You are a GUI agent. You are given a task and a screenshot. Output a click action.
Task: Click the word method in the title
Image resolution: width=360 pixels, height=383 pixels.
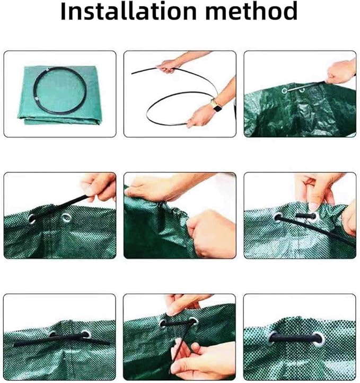[251, 11]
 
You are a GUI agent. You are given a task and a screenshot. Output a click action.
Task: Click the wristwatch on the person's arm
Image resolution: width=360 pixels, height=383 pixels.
[216, 106]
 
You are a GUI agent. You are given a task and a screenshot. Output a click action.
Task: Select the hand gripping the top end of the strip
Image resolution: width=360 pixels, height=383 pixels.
[169, 66]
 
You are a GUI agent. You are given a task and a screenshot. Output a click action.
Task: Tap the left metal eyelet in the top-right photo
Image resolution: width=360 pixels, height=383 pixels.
[284, 91]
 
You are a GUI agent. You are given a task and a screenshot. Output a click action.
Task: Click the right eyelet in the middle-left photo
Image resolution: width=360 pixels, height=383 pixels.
[66, 217]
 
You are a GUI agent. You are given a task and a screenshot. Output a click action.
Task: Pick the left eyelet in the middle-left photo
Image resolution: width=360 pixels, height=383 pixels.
[32, 219]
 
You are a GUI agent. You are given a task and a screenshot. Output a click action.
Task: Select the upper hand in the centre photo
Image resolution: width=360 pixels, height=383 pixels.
[156, 187]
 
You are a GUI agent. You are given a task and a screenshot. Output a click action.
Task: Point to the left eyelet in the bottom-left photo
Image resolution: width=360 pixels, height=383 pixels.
[52, 334]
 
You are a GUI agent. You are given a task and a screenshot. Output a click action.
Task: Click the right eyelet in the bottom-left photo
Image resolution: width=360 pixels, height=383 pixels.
[86, 334]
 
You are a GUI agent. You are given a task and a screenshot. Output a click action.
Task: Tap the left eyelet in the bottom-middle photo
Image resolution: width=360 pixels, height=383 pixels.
[163, 324]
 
